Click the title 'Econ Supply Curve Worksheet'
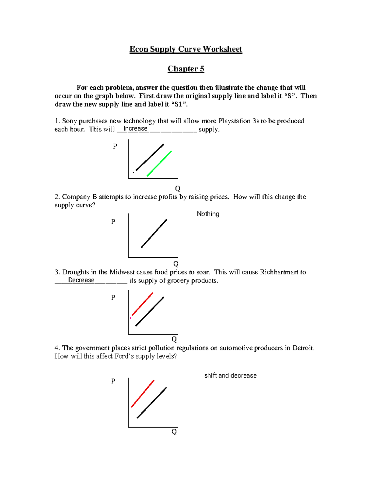pyautogui.click(x=186, y=49)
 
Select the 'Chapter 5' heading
pyautogui.click(x=186, y=69)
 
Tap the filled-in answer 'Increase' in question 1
pyautogui.click(x=135, y=128)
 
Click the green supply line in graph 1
pyautogui.click(x=159, y=164)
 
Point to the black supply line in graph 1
pyautogui.click(x=150, y=157)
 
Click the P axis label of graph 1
pyautogui.click(x=115, y=146)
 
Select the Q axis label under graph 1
pyautogui.click(x=178, y=188)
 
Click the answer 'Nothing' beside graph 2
pyautogui.click(x=208, y=214)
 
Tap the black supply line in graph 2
pyautogui.click(x=154, y=233)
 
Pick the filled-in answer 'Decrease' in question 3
pyautogui.click(x=81, y=280)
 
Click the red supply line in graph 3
pyautogui.click(x=143, y=304)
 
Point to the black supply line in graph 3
pyautogui.click(x=150, y=311)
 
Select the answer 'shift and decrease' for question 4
pyautogui.click(x=230, y=376)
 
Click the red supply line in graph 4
pyautogui.click(x=143, y=394)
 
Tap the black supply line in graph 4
pyautogui.click(x=152, y=403)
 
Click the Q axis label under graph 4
pyautogui.click(x=174, y=432)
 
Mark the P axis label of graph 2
pyautogui.click(x=113, y=222)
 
